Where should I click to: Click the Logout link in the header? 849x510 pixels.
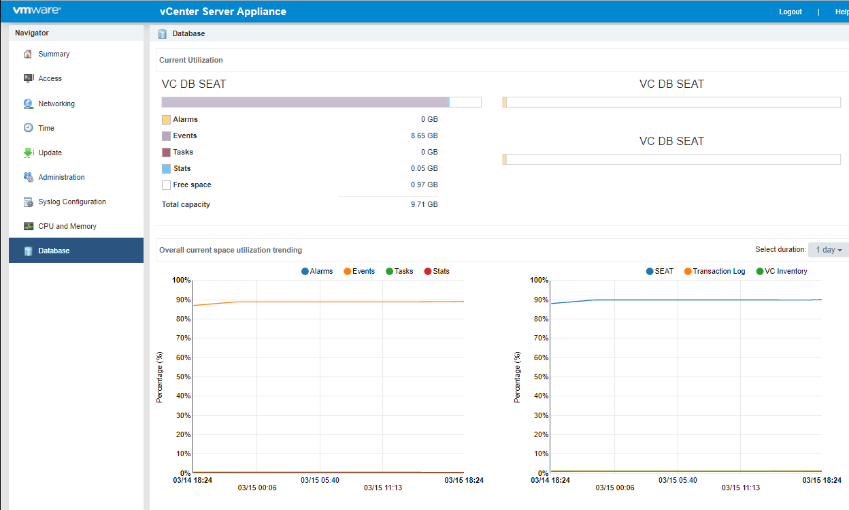point(790,12)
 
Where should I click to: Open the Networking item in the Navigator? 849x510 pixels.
point(56,103)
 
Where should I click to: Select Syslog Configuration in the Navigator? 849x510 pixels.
point(71,202)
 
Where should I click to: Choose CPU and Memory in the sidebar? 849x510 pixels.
point(67,226)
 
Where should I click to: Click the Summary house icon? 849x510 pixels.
point(28,54)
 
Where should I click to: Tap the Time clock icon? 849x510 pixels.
point(28,128)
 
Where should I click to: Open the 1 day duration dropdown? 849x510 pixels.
point(828,250)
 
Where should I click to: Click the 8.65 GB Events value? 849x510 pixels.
point(424,136)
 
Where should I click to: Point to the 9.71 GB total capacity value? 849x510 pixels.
point(424,204)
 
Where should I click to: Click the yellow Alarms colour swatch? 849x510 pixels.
point(166,120)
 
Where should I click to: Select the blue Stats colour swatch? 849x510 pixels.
point(166,169)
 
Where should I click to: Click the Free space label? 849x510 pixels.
point(192,185)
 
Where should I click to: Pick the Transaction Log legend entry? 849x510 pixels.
point(718,271)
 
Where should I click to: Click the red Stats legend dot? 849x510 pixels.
point(428,271)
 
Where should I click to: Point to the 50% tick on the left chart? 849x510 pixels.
point(182,377)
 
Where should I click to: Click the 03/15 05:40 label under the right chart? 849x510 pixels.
point(678,480)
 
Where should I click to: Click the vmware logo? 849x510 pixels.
point(37,11)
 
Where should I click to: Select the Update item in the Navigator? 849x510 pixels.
point(50,153)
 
